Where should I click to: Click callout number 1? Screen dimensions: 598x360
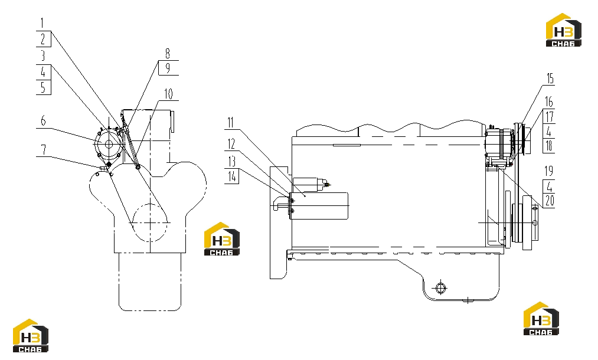pos(43,23)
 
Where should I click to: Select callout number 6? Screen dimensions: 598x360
pos(43,121)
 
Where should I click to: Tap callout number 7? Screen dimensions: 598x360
pos(44,149)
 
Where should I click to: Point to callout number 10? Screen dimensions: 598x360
pos(169,93)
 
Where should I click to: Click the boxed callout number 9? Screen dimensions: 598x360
pos(168,68)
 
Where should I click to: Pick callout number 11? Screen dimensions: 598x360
pos(230,123)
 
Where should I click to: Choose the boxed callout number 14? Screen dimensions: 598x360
pos(231,176)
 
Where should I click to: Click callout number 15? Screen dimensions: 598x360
pos(550,78)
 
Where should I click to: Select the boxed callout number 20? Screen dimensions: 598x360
pos(549,201)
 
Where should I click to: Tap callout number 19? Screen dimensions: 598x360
pos(549,171)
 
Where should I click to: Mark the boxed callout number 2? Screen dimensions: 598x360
pos(44,39)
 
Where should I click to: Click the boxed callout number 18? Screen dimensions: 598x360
pos(549,146)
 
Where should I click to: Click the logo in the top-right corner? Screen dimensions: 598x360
pos(564,30)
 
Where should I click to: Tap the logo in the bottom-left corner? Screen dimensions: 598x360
pos(31,336)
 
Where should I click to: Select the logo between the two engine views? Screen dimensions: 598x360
pos(222,239)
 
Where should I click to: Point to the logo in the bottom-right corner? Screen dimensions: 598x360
pos(541,319)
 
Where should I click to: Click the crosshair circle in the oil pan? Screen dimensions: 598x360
pos(440,287)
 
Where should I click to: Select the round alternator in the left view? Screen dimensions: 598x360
pos(109,145)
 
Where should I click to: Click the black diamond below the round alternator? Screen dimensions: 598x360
pos(109,163)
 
